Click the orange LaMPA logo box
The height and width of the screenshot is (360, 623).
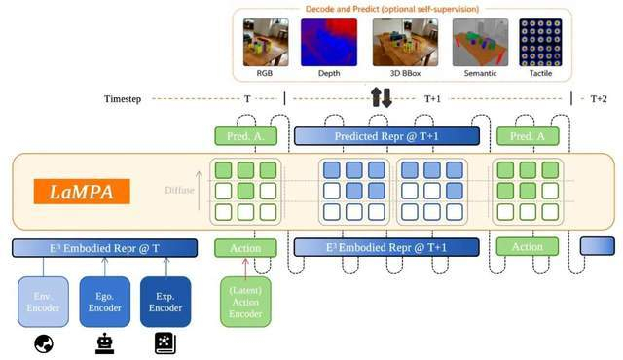coord(82,192)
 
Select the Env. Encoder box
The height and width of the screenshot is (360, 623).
coord(43,302)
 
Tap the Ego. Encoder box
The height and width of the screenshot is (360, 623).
coord(104,302)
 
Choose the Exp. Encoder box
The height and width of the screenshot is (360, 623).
coord(165,302)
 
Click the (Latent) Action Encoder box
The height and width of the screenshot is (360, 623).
coord(245,302)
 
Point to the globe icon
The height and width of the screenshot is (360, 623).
coord(44,343)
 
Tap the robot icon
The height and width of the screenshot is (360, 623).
coord(104,343)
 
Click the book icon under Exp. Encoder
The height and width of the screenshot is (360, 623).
coord(165,343)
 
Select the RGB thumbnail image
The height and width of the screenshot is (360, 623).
coord(266,43)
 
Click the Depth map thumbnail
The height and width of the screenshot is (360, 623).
coord(329,43)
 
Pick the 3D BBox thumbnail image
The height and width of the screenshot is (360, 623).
coord(405,43)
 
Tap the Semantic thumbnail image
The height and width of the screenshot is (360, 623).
coord(480,43)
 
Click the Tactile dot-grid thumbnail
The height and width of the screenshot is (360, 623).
coord(540,43)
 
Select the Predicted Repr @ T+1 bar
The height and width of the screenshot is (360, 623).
coord(386,136)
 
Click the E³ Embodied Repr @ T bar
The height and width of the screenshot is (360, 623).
coord(104,248)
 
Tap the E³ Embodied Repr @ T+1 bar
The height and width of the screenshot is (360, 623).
coord(386,248)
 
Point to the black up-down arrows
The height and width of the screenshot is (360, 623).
coord(382,97)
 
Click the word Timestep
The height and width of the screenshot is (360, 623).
coord(123,99)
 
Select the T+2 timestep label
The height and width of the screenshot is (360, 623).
coord(599,99)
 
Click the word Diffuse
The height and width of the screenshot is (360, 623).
coord(179,190)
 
